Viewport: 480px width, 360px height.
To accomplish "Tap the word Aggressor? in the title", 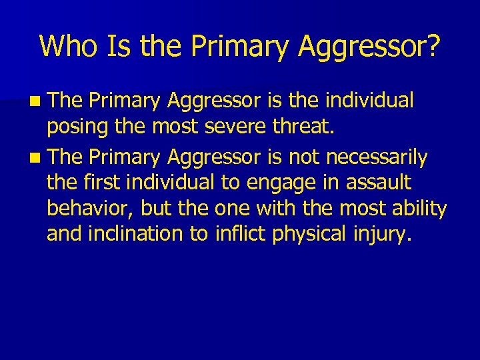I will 369,45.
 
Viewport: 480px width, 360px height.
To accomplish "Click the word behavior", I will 90,208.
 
